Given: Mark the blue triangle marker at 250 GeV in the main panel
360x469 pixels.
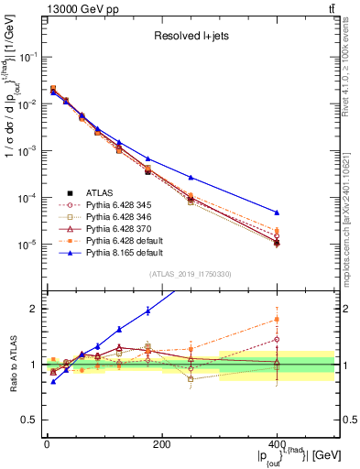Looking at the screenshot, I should tap(191, 177).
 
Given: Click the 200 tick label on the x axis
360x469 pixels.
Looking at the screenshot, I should tap(161, 444).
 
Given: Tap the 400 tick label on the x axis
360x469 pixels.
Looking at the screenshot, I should tap(277, 444).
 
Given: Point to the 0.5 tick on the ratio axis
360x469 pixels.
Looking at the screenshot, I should tap(31, 420).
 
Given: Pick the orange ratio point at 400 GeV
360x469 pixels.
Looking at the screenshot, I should tap(277, 319).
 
